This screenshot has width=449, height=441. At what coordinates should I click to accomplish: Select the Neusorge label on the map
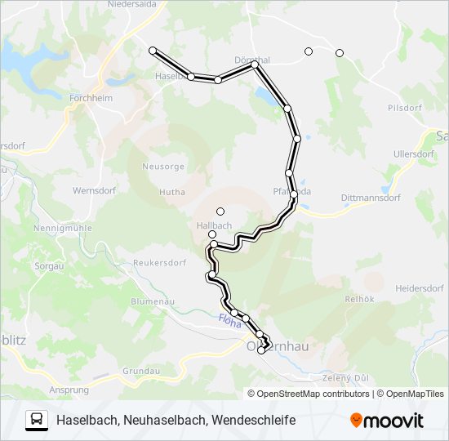pyautogui.click(x=164, y=166)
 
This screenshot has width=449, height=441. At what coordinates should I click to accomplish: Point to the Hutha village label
pyautogui.click(x=172, y=192)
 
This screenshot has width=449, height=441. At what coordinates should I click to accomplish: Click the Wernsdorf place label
pyautogui.click(x=95, y=190)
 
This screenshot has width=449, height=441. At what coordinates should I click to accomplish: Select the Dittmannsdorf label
pyautogui.click(x=349, y=196)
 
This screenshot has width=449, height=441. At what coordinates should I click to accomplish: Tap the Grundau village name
pyautogui.click(x=140, y=371)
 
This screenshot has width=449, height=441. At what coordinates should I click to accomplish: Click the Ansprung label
pyautogui.click(x=69, y=390)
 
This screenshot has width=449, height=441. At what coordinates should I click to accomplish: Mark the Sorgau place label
pyautogui.click(x=48, y=266)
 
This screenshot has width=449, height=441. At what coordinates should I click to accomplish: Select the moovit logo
pyautogui.click(x=387, y=420)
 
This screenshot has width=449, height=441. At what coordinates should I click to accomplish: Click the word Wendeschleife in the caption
pyautogui.click(x=254, y=420)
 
